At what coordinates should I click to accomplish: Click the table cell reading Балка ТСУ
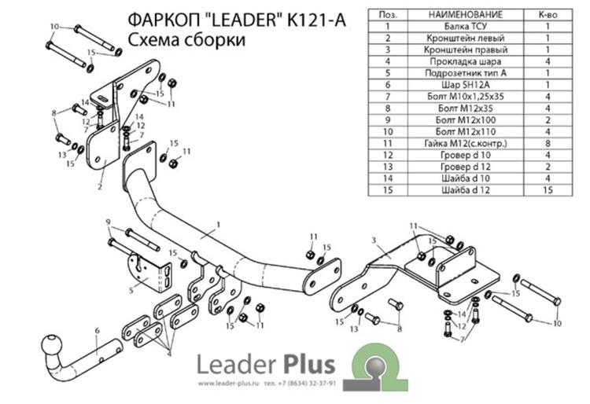point(466,26)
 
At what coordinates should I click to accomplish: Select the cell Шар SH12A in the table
point(466,85)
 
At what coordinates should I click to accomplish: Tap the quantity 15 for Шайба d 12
point(548,190)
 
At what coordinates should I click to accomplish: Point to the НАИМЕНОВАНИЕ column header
point(466,15)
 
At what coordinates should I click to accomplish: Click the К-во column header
point(548,15)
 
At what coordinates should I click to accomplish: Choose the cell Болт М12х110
point(466,132)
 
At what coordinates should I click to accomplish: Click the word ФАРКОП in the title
point(164,20)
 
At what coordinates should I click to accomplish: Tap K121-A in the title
point(316,20)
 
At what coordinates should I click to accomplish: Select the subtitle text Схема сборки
point(186,40)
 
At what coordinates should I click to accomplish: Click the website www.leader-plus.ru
point(229,384)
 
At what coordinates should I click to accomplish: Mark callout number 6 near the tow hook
point(97,331)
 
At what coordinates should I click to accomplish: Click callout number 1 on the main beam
point(218,225)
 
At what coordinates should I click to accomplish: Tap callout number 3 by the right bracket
point(374,241)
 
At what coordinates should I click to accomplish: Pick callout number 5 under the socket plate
point(131,290)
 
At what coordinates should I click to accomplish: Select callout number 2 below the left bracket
point(100,186)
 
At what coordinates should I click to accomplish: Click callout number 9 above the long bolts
point(109,222)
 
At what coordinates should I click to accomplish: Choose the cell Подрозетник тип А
point(466,73)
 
